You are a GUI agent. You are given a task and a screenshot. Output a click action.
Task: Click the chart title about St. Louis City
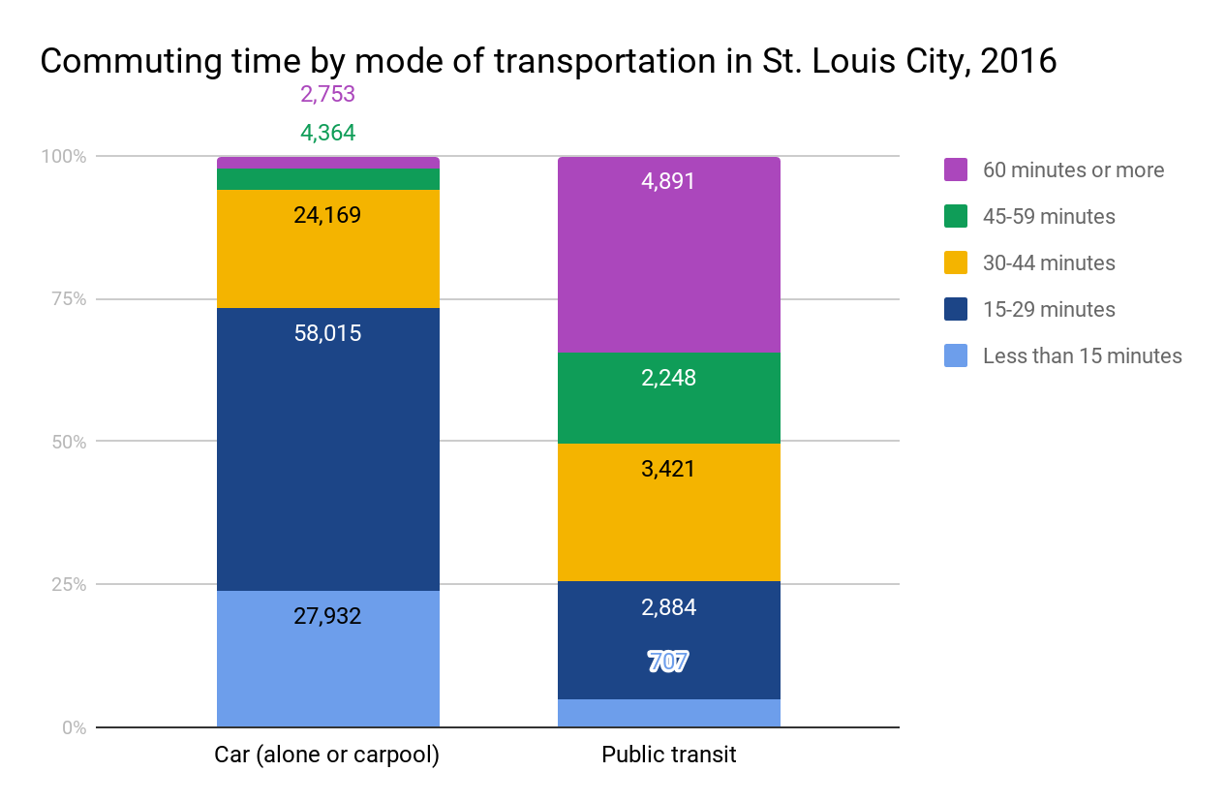coord(548,61)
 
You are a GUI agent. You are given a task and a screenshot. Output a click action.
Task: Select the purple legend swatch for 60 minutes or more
coord(956,170)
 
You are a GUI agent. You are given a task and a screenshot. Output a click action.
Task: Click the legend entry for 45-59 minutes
coord(1049,217)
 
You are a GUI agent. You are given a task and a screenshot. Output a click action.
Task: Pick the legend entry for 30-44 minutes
coord(1049,263)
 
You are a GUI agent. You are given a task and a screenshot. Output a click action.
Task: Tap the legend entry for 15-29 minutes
coord(1049,310)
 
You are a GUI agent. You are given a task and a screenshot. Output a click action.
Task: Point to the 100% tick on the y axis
coord(63,157)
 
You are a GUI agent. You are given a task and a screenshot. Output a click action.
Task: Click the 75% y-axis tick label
coord(67,299)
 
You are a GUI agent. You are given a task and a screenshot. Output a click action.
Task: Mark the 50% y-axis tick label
coord(67,443)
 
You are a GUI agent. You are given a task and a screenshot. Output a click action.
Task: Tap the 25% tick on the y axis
coord(67,585)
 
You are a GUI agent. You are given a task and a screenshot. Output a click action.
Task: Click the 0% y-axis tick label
coord(74,728)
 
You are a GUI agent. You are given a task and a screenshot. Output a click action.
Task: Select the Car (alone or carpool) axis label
coord(327,756)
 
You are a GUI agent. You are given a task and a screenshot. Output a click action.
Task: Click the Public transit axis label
coord(668,756)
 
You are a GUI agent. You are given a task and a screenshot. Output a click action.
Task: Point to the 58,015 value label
coord(327,334)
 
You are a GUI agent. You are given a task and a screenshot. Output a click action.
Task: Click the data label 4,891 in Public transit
coord(668,182)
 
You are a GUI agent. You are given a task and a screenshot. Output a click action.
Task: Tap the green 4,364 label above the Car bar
coord(327,134)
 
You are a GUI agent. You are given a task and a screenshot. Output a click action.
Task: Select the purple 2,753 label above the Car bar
coord(327,95)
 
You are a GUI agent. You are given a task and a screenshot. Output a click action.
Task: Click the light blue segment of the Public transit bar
coord(668,713)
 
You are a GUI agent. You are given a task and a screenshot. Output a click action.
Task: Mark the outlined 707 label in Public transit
coord(668,663)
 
